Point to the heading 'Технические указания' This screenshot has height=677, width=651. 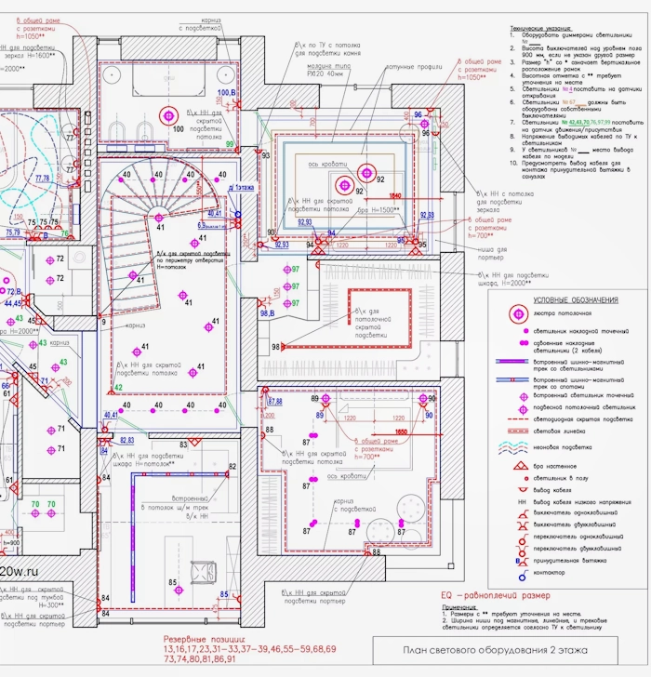tap(546, 30)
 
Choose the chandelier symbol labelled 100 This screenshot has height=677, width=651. tap(169, 115)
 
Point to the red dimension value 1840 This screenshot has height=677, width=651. tap(394, 196)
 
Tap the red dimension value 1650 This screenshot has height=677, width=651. tap(402, 432)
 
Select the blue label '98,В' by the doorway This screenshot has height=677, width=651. tap(268, 312)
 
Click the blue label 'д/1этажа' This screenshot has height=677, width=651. tap(245, 188)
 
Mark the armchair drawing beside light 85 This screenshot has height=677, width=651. tap(203, 569)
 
